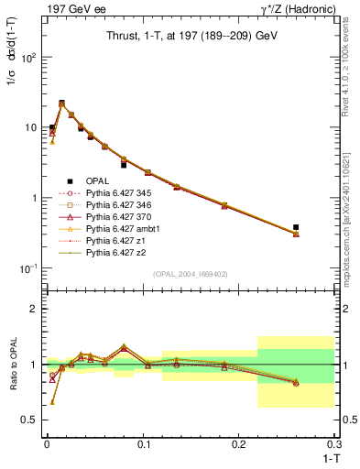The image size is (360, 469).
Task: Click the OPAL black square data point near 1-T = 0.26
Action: [x=296, y=226]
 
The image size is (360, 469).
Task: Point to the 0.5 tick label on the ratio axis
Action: [x=29, y=420]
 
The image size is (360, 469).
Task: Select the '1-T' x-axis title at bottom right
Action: [x=325, y=457]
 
